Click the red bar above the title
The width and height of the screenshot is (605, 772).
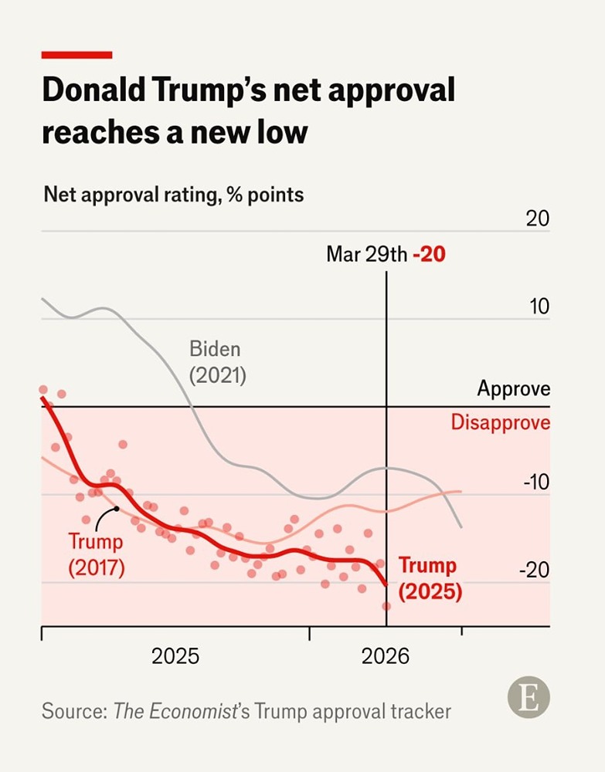76,55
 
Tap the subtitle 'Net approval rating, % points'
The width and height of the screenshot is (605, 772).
173,194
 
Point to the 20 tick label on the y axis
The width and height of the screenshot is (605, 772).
537,218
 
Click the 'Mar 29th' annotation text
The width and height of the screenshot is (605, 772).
366,254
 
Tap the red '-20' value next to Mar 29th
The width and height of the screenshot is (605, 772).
429,254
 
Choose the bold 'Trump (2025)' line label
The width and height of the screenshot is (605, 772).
430,578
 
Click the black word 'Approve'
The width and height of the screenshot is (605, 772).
513,388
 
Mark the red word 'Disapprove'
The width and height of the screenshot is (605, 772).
500,422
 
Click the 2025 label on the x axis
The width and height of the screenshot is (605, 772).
175,656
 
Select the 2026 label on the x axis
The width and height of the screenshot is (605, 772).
385,656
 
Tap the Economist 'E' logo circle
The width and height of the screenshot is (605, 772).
529,698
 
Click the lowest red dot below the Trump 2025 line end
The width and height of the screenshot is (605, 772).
386,606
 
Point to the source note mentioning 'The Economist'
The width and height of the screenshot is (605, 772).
246,710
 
